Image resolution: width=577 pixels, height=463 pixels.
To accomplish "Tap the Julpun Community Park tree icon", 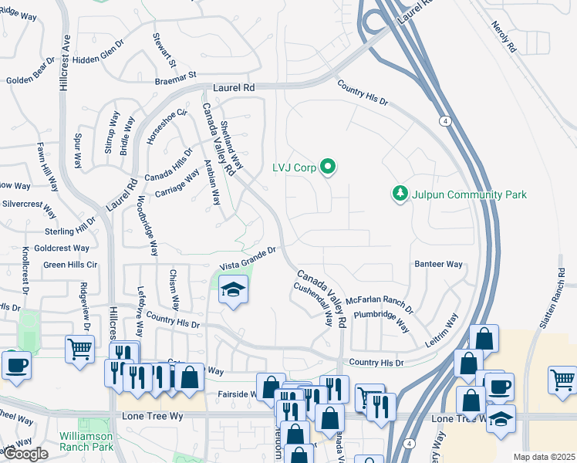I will tap(400, 194).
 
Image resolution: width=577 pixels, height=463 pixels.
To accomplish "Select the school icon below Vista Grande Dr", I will tap(233, 290).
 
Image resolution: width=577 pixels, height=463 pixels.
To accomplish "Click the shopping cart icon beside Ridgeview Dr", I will tap(80, 350).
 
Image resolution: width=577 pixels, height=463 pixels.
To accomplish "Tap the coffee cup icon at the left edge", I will tap(15, 365).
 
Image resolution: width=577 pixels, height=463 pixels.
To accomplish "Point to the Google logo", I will tap(25, 454).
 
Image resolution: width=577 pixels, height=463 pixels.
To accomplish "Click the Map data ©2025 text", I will tap(543, 457).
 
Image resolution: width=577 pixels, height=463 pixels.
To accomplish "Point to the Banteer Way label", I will tap(438, 264).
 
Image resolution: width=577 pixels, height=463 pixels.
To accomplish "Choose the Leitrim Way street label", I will tap(440, 327).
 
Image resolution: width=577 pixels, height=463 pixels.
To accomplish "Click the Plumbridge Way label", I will tap(381, 319).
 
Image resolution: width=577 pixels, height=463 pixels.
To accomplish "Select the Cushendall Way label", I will tap(312, 303).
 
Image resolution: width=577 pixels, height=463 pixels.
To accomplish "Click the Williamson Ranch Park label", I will tap(86, 441).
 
